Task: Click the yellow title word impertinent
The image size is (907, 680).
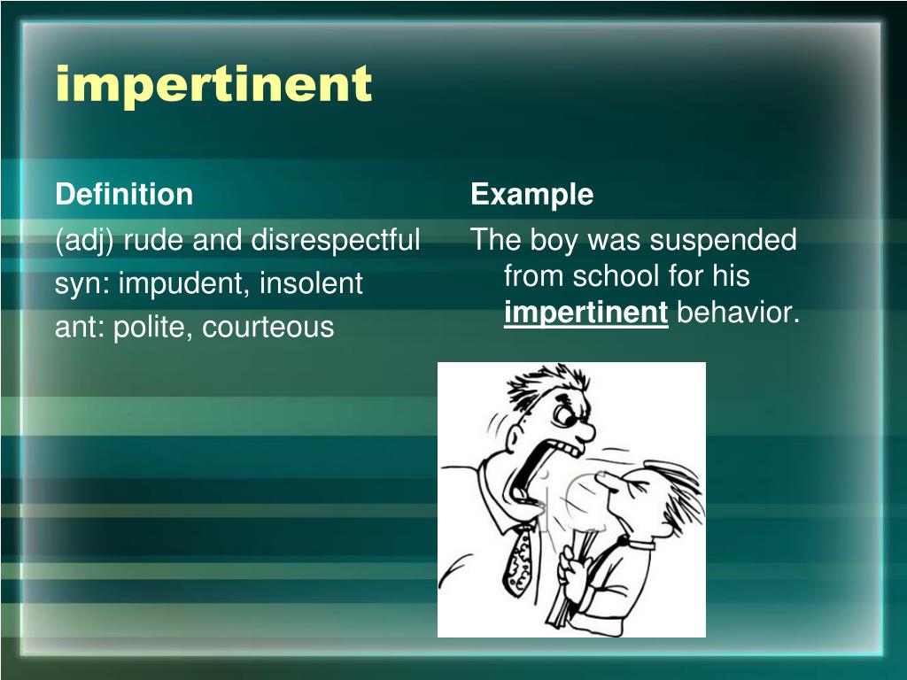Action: (x=213, y=85)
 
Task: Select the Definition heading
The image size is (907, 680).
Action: (x=124, y=195)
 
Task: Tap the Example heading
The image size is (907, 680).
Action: (x=531, y=195)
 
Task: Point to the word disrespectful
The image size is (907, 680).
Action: (x=336, y=240)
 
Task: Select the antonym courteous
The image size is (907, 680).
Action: (x=267, y=328)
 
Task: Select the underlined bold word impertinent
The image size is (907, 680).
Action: (x=585, y=313)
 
